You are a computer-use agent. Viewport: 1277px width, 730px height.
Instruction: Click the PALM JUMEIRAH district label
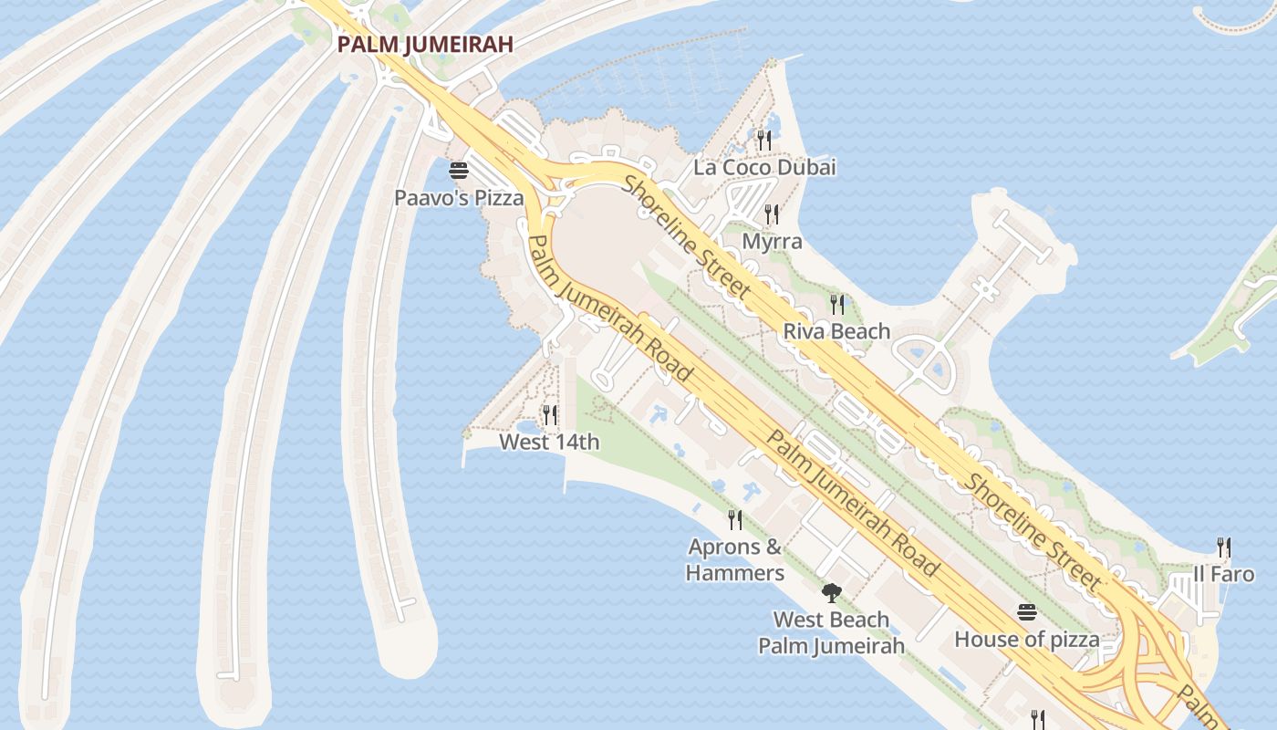(x=424, y=44)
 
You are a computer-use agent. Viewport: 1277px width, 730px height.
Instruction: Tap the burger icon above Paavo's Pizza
(x=459, y=171)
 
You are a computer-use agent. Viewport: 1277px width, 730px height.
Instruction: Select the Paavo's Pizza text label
(x=459, y=197)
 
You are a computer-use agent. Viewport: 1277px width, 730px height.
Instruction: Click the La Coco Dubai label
(x=764, y=168)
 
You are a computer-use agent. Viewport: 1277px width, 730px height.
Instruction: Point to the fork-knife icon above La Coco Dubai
(x=764, y=140)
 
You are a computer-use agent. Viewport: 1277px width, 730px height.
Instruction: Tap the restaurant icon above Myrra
(x=772, y=214)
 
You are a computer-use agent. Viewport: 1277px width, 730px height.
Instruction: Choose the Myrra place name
(x=772, y=242)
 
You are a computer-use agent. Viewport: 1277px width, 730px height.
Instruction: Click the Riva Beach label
(x=836, y=331)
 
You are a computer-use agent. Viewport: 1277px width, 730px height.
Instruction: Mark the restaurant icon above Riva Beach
(x=836, y=304)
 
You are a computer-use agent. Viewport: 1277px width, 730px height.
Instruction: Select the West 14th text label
(x=549, y=443)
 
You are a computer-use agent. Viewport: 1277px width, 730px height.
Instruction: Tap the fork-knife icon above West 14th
(x=549, y=415)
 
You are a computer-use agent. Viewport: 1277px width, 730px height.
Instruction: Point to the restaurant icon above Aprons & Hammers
(x=735, y=520)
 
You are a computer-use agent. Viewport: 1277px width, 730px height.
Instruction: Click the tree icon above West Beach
(x=830, y=593)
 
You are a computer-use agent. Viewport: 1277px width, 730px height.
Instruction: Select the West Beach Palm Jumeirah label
(x=831, y=632)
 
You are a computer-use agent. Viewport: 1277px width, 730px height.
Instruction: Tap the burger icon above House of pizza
(x=1027, y=612)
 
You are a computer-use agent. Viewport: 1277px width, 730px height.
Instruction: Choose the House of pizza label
(x=1027, y=640)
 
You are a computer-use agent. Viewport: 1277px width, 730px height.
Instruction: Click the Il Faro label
(x=1224, y=575)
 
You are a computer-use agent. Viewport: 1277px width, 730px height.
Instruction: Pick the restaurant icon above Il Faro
(x=1224, y=547)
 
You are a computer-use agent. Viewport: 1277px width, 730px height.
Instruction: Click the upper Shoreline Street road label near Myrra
(x=688, y=236)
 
